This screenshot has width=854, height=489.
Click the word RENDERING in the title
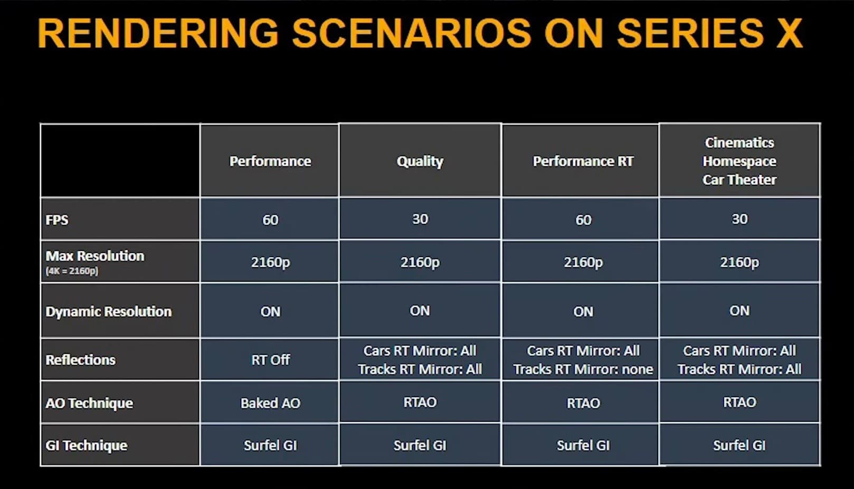[158, 33]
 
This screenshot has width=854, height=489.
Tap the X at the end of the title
[789, 33]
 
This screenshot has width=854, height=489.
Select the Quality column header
[420, 162]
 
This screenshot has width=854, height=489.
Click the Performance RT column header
[583, 162]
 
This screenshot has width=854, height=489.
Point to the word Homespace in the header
[739, 162]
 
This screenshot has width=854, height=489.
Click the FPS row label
[57, 220]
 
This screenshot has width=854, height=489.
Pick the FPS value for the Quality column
[420, 219]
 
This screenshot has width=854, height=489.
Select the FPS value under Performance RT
[583, 220]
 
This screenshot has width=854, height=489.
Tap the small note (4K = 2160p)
[72, 271]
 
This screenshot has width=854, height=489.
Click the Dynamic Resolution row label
[109, 312]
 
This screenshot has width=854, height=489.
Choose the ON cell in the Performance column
[270, 312]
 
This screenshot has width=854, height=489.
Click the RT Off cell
[270, 360]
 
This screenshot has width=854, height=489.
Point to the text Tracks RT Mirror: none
[583, 369]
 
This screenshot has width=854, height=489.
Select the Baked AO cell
[270, 403]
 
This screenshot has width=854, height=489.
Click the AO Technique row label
[89, 403]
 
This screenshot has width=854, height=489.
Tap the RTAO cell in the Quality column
[420, 402]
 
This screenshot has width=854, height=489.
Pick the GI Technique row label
[86, 446]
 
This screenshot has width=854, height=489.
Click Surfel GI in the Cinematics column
[739, 446]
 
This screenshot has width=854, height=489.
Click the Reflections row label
[80, 360]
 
